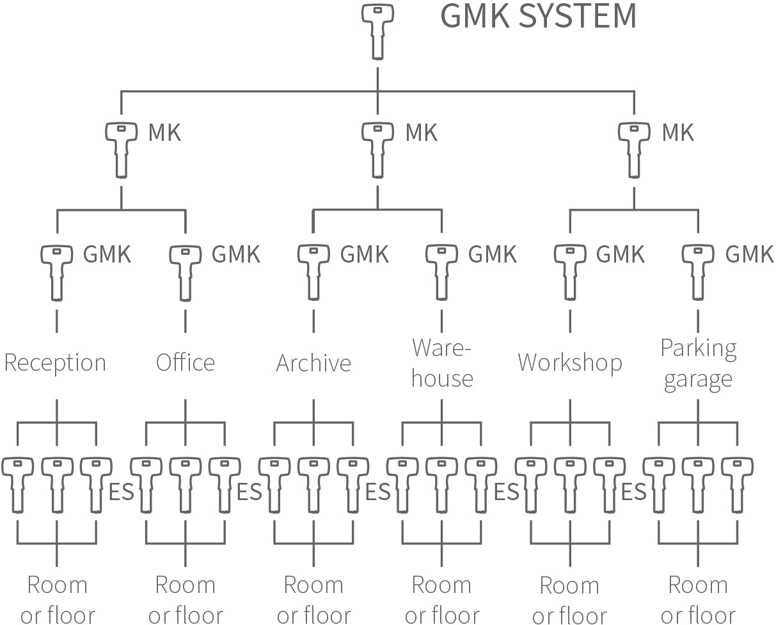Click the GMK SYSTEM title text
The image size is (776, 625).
click(x=539, y=17)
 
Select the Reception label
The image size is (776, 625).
click(x=55, y=362)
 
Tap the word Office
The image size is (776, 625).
click(x=186, y=362)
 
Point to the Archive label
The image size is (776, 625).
click(x=313, y=363)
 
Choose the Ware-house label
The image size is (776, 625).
click(x=442, y=363)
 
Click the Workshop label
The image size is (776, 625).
click(x=570, y=362)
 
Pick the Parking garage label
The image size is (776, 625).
click(x=698, y=363)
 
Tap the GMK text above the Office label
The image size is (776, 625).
click(x=236, y=254)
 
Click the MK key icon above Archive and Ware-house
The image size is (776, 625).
click(x=377, y=149)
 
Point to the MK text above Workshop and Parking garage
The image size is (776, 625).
click(x=677, y=133)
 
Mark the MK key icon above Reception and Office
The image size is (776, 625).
click(x=121, y=149)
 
